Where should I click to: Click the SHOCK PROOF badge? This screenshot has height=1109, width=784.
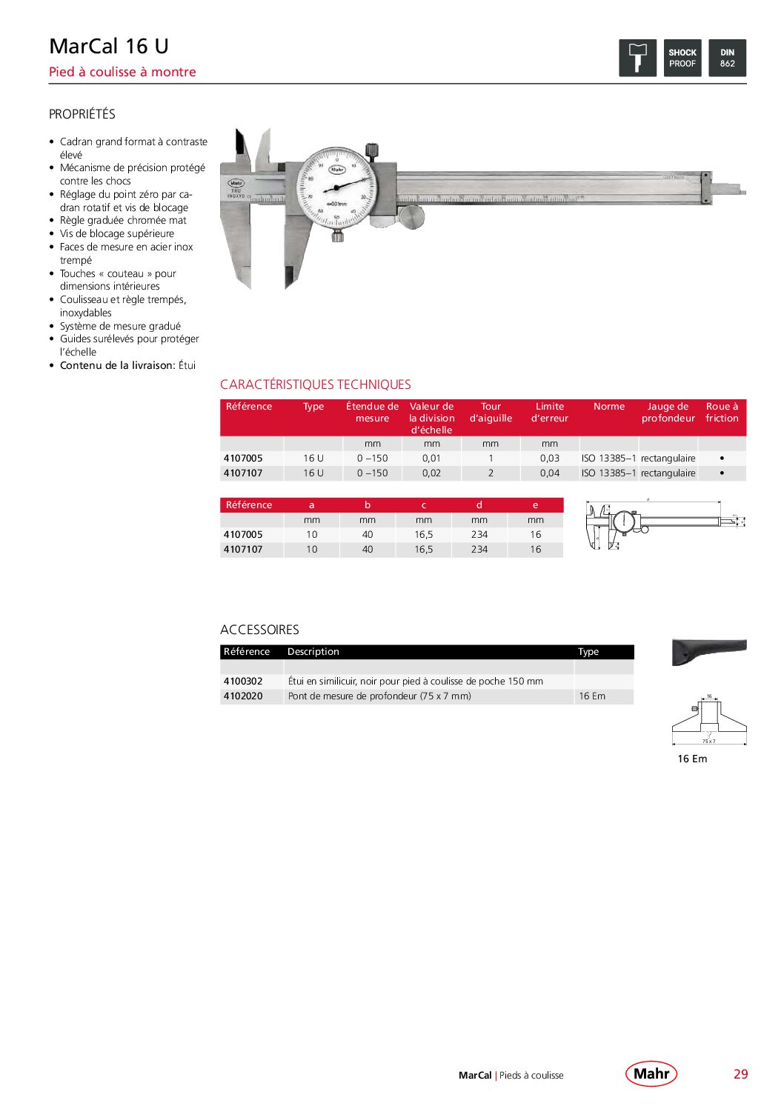coord(682,58)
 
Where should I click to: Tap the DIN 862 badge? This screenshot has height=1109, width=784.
coord(727,58)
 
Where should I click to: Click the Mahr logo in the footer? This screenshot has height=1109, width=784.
coord(651,1073)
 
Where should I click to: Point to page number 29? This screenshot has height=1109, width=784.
coord(740,1074)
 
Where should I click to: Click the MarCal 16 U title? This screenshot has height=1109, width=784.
coord(109,46)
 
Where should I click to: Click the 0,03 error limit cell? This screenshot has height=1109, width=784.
coord(549,459)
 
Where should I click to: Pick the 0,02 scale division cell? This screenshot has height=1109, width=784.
coord(431,473)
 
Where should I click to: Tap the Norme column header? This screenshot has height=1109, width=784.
coord(608,407)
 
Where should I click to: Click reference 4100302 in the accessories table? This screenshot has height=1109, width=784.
coord(243,682)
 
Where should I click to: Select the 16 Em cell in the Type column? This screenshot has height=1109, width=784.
coord(592,696)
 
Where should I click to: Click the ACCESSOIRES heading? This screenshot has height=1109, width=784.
coord(259,630)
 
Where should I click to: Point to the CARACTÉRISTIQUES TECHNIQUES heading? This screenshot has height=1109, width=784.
coord(315,384)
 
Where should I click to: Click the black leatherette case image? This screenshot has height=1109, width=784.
coord(708,651)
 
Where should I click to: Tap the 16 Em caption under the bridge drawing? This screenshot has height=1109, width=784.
coord(692,759)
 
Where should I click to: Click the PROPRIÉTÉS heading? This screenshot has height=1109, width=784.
coord(82,114)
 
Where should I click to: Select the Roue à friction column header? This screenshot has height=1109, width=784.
coord(722,413)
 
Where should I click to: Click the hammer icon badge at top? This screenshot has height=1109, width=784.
coord(637,58)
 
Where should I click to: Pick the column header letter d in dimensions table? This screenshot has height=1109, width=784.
coord(479,505)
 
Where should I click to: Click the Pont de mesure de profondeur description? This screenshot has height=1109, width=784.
coord(379,696)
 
